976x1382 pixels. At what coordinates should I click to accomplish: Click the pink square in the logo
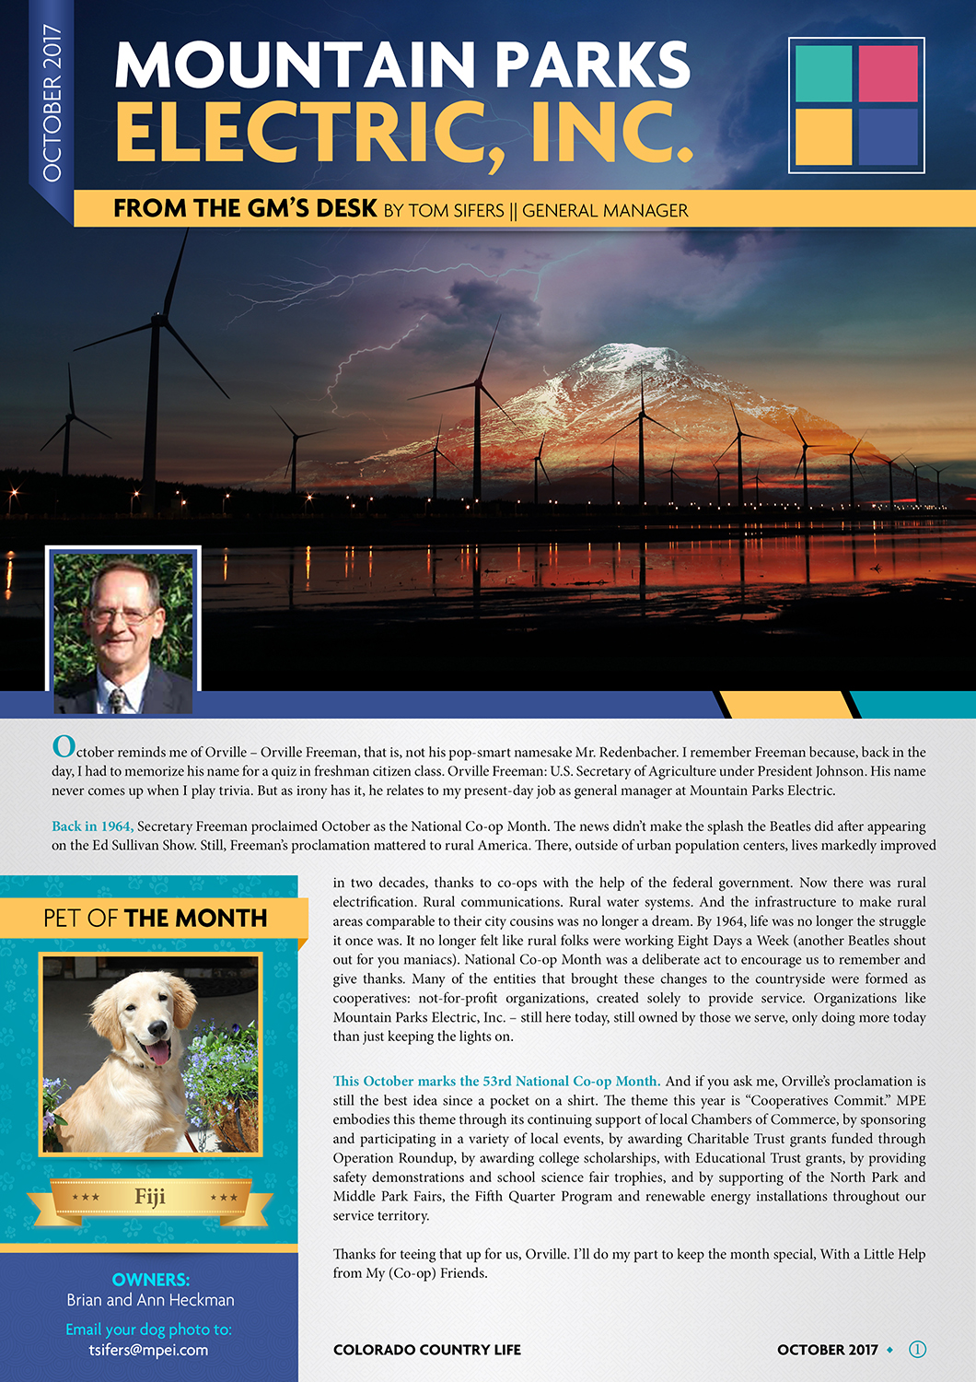[888, 73]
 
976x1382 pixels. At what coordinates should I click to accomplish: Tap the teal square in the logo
[823, 73]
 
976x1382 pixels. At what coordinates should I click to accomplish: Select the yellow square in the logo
[823, 136]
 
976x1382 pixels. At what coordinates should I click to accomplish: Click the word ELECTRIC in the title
[300, 133]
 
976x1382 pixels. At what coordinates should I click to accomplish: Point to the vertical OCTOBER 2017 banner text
[52, 103]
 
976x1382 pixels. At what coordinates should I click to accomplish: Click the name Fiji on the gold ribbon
[150, 1196]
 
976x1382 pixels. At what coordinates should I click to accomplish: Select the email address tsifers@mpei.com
[148, 1350]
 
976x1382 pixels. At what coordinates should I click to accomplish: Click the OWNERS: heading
[150, 1279]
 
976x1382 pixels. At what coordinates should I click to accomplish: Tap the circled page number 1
[917, 1349]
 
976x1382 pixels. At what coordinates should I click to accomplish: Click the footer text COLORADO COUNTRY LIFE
[426, 1350]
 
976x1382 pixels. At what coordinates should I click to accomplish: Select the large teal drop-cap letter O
[64, 745]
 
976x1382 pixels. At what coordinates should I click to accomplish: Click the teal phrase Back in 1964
[92, 826]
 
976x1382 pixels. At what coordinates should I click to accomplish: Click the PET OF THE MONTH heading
[155, 918]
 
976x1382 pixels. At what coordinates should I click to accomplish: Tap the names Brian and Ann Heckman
[150, 1300]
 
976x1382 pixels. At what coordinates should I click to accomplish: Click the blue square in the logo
[888, 136]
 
